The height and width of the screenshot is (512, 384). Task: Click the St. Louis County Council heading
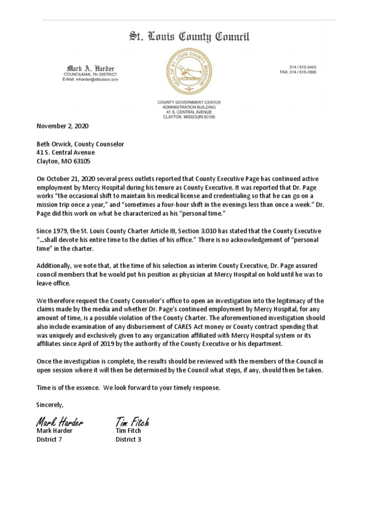click(x=189, y=37)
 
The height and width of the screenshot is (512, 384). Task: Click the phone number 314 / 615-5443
click(x=302, y=67)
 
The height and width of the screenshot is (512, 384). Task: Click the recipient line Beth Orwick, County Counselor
click(x=80, y=144)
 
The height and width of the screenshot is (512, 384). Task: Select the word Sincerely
click(x=50, y=403)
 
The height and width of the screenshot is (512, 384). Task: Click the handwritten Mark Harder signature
click(x=59, y=422)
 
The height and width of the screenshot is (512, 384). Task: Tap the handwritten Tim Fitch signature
click(x=132, y=422)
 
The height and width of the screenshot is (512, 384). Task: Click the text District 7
click(x=49, y=439)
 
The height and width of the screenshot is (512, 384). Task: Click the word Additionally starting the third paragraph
click(x=55, y=265)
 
